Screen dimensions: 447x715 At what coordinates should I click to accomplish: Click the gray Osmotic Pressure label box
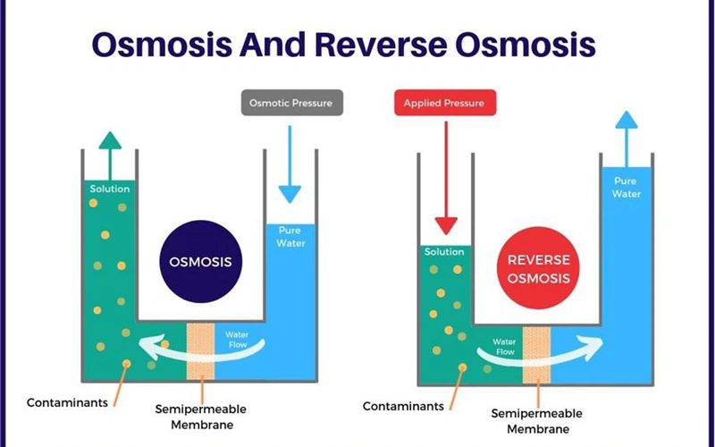click(290, 104)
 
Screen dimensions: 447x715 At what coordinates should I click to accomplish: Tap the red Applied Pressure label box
click(443, 104)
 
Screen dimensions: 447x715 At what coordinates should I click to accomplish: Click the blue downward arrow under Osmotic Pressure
click(290, 165)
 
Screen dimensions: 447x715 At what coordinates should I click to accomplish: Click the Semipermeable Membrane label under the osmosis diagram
click(201, 417)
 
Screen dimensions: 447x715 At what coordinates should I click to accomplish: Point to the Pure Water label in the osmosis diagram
click(290, 237)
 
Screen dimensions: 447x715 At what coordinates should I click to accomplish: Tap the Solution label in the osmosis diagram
click(109, 189)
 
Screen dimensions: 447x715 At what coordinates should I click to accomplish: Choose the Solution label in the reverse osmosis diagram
click(444, 252)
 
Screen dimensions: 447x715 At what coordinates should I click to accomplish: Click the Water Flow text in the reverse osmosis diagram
click(505, 347)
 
